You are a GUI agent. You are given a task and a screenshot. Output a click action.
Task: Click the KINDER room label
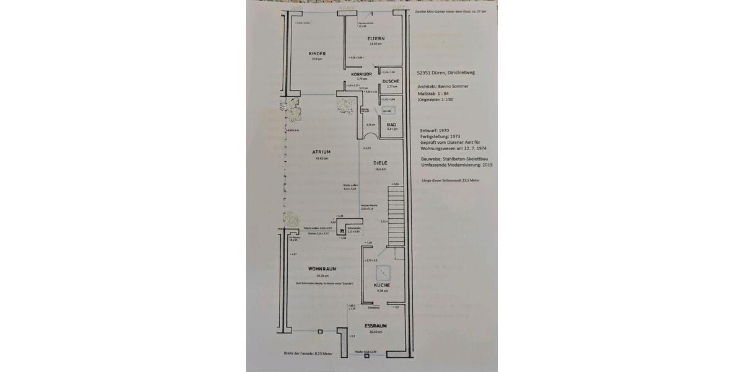point(317,53)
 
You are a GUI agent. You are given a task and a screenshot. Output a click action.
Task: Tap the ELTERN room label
point(376,38)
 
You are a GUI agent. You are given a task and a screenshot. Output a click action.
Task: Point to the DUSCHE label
point(391,81)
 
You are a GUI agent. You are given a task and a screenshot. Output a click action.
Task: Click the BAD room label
point(391,124)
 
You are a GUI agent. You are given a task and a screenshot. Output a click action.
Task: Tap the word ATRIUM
point(321,152)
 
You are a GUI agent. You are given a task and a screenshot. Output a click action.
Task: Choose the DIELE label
point(380,162)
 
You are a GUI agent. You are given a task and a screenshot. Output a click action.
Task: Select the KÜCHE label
point(382,285)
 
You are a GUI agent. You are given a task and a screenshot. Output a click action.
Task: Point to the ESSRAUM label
point(376,325)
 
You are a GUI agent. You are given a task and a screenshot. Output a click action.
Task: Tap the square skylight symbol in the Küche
point(383,270)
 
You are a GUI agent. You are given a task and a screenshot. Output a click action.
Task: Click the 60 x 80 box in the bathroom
point(387,110)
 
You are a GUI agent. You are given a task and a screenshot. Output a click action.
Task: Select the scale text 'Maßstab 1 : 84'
point(438,94)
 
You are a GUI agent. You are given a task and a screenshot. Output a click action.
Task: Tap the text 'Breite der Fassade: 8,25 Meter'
point(308,353)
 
